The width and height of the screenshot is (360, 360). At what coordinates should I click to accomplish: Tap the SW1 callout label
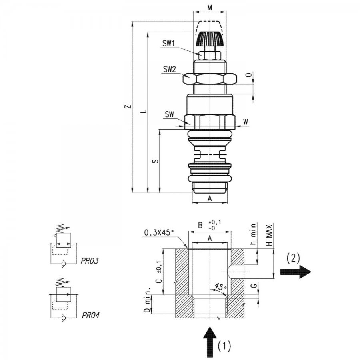coord(168,43)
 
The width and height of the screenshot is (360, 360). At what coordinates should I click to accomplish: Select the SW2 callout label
coord(170,69)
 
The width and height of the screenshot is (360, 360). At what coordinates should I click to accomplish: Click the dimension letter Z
coord(129,106)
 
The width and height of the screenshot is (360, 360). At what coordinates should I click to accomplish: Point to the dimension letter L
coord(144,112)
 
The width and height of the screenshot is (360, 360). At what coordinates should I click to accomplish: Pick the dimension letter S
coord(156,161)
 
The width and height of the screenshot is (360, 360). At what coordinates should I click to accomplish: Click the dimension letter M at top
coord(210,8)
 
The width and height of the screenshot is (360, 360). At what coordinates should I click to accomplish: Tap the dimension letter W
coord(246,122)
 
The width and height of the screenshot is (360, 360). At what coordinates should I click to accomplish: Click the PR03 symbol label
coord(90,261)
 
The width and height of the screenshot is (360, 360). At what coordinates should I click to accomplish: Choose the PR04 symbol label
coord(91,315)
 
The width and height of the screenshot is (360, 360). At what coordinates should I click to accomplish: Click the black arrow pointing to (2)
coord(296,272)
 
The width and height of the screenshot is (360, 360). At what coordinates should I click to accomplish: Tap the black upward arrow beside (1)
coord(210,342)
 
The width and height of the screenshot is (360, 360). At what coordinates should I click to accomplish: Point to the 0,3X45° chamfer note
coord(159,233)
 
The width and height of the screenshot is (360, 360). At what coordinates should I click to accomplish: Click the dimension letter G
coord(254,286)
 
